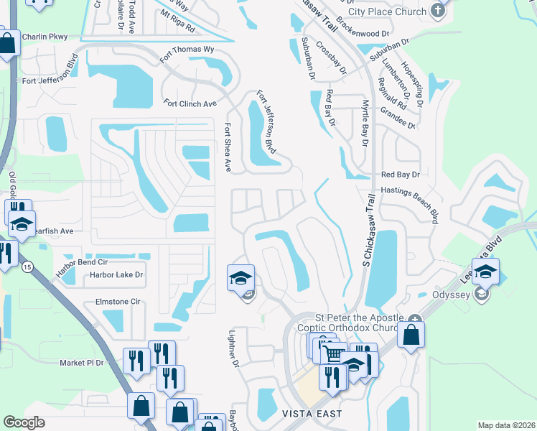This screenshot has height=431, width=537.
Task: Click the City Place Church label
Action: [388, 11]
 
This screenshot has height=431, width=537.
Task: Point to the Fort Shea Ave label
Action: [227, 147]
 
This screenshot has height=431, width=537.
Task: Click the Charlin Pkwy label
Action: [44, 37]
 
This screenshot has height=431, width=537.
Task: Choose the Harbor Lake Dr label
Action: [116, 274]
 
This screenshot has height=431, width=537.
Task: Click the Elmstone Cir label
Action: [118, 302]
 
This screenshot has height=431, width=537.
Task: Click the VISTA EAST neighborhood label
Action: [312, 414]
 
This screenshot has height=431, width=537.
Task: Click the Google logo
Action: [24, 422]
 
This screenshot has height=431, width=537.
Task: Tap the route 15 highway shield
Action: [27, 267]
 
